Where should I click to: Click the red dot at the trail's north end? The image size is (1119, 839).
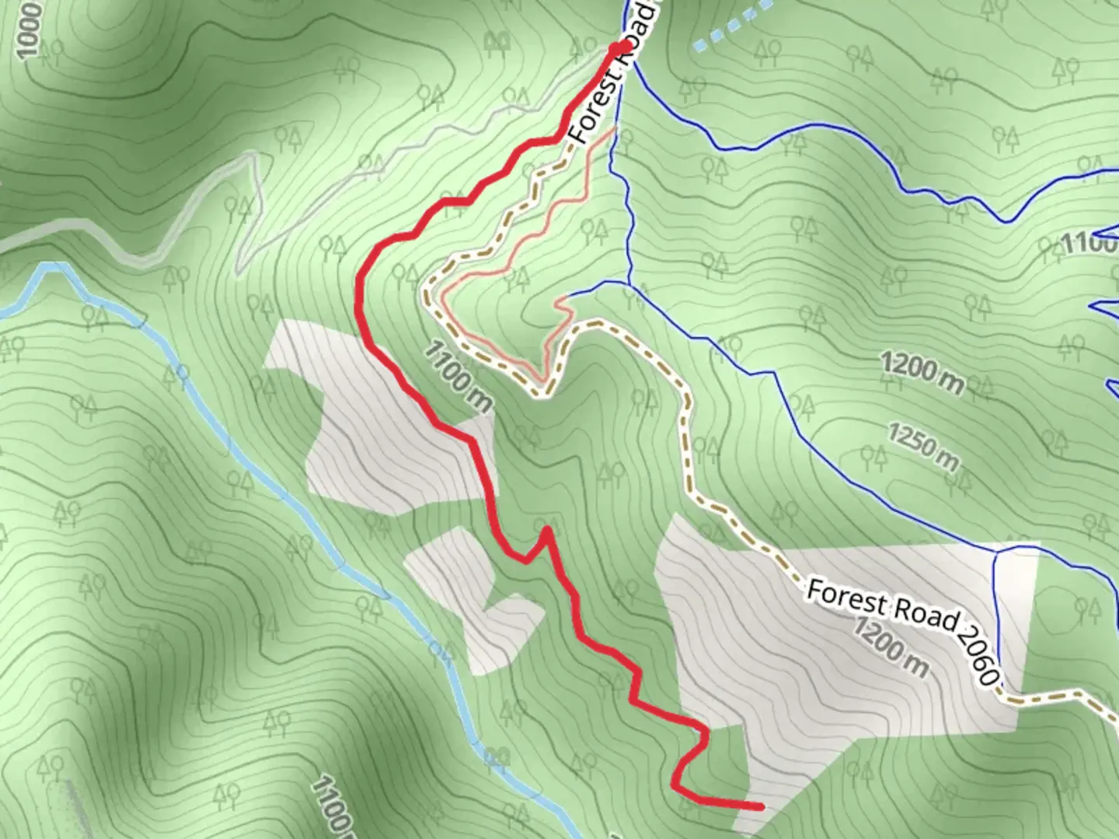[619, 48]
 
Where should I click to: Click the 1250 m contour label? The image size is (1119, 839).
[923, 446]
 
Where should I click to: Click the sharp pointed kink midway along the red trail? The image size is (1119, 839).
[547, 531]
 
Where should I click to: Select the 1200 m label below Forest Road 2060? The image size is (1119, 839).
[891, 648]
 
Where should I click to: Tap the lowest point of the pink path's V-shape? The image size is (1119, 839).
[542, 380]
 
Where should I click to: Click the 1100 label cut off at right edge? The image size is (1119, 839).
[1088, 243]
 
